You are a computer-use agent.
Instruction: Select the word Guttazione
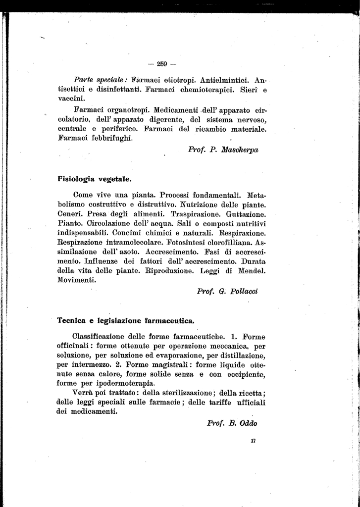click(x=246, y=214)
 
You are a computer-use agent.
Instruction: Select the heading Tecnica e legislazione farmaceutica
click(x=126, y=320)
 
